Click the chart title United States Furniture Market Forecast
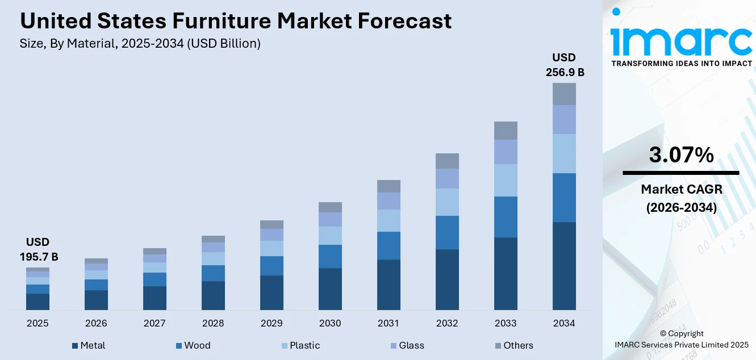236,21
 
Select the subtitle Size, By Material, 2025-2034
140,44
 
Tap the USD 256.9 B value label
564,65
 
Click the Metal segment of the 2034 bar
564,266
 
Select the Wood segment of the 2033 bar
506,217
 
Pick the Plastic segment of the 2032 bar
447,202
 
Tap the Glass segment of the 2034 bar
564,119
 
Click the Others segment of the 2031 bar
389,186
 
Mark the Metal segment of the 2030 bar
330,288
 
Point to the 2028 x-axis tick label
213,323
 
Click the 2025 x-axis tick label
37,323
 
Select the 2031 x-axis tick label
389,323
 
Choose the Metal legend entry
89,345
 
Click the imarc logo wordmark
681,40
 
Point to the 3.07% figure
681,154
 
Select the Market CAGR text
681,189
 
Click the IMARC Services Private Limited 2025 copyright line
681,345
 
